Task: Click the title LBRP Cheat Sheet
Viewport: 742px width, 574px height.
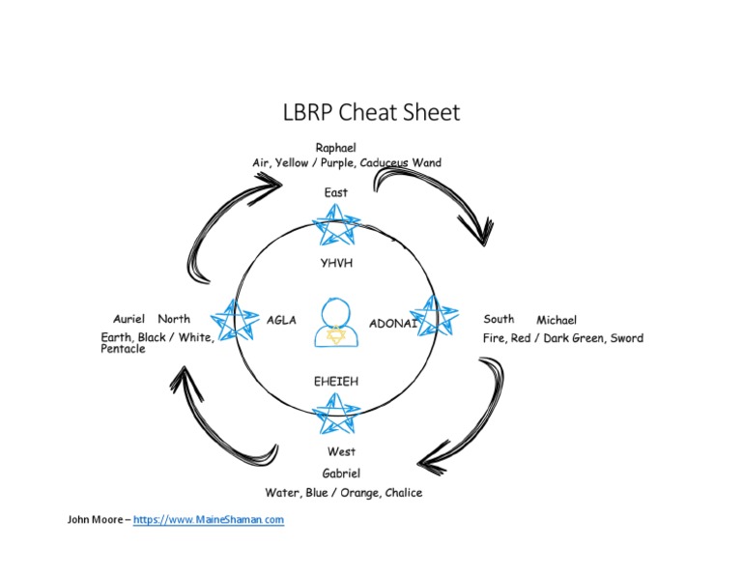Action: click(371, 113)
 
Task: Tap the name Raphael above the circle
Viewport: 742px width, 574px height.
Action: click(335, 147)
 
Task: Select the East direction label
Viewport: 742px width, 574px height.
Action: click(335, 192)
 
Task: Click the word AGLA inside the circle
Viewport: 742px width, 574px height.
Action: click(281, 320)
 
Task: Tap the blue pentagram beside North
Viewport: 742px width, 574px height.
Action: click(234, 319)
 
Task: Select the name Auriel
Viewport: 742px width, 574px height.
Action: click(128, 319)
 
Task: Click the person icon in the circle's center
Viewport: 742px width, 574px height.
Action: click(335, 325)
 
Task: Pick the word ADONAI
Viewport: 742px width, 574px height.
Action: click(392, 324)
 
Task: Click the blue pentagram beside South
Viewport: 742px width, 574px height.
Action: click(435, 315)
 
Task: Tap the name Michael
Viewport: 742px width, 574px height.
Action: click(556, 320)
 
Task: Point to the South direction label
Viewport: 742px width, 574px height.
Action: click(499, 319)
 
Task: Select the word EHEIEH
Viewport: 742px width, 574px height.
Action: click(335, 382)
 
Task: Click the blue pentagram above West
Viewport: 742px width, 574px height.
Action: click(337, 416)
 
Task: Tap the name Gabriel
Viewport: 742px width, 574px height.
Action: click(341, 474)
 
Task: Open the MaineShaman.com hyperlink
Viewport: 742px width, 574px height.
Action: click(209, 520)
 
